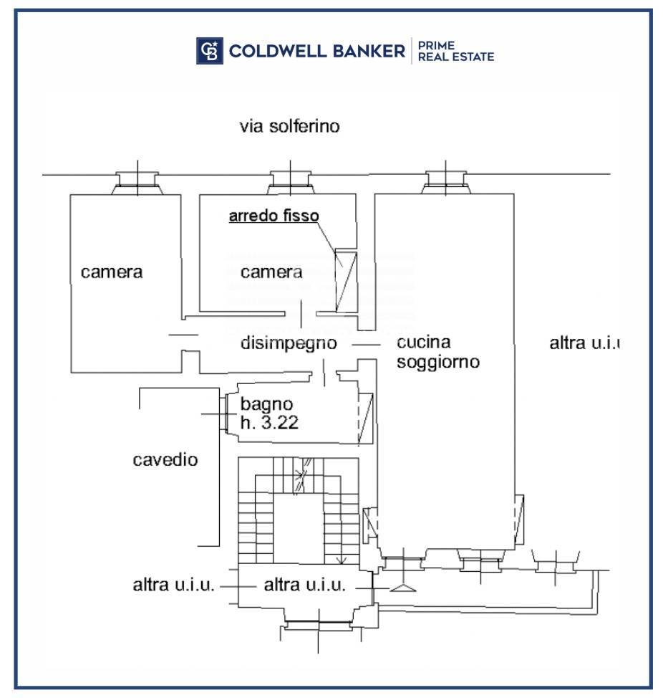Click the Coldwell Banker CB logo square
tap(210, 51)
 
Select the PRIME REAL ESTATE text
tap(456, 51)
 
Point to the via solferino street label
tap(289, 126)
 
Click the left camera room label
tap(112, 272)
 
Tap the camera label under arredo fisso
tap(271, 272)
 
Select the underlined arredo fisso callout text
tap(274, 216)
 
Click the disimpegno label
tap(289, 344)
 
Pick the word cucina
tap(424, 342)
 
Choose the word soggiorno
tap(438, 362)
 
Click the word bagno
tap(267, 404)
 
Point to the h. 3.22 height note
tap(269, 422)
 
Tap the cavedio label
tap(165, 459)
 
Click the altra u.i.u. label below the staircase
tap(304, 585)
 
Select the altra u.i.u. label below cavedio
tap(173, 585)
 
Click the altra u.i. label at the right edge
tap(584, 343)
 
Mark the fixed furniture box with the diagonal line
tap(346, 280)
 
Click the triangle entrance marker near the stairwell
tap(403, 588)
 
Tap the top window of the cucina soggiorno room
tap(446, 182)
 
